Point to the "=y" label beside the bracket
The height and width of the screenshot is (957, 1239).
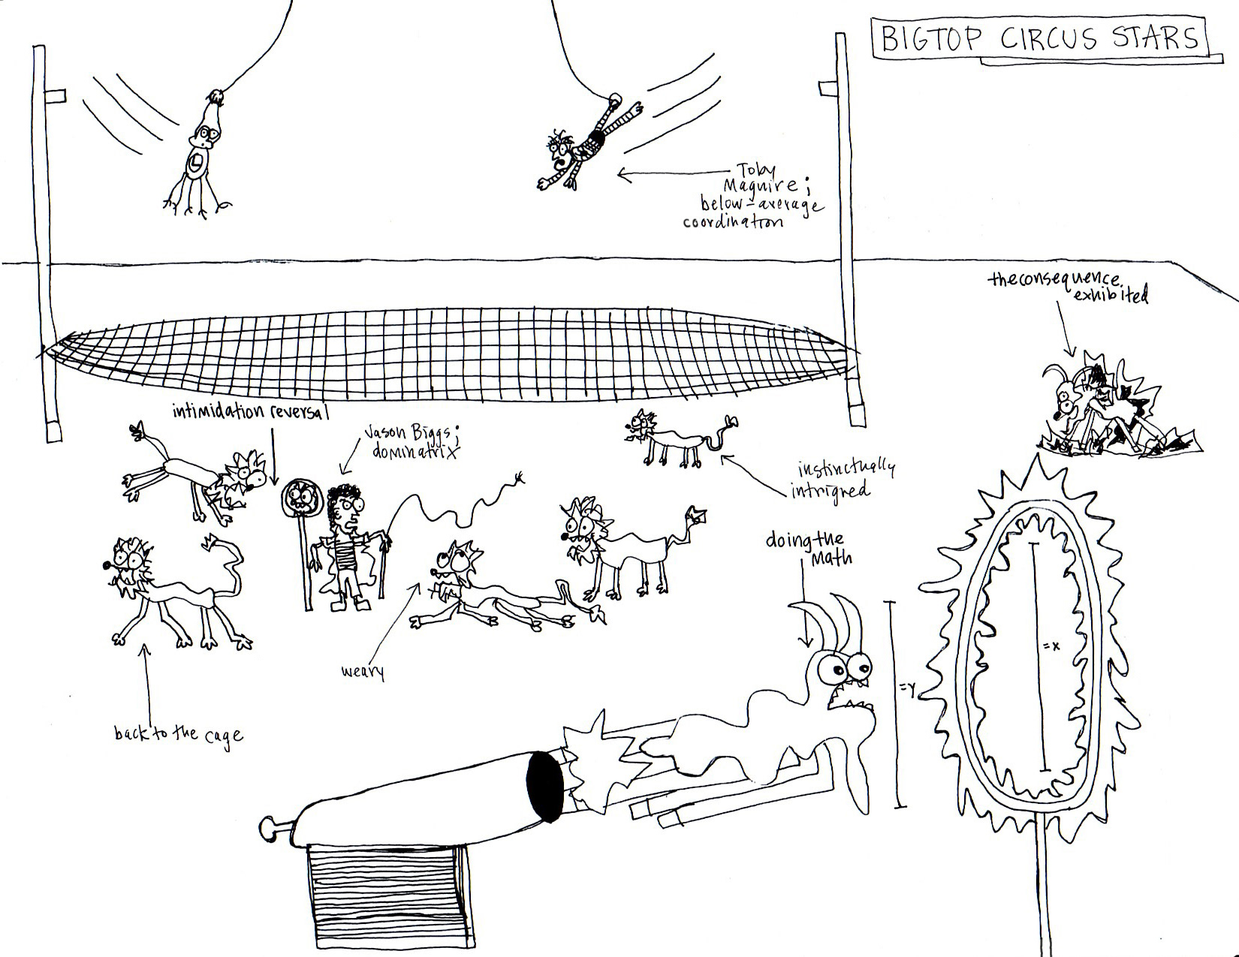[909, 687]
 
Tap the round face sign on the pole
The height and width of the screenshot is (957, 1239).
[302, 498]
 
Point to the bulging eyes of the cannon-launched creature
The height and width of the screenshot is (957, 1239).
[842, 665]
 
